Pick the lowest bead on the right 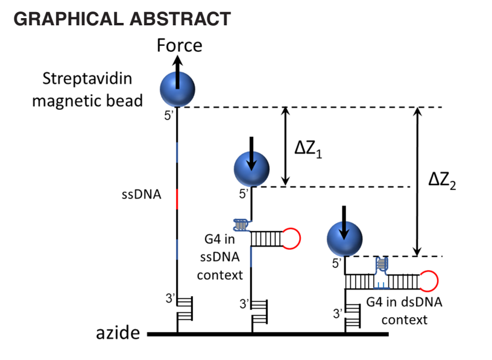(x=344, y=238)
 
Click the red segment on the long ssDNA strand (x=177, y=199)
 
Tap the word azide (x=118, y=333)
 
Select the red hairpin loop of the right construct (x=427, y=281)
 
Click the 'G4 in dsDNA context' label (x=403, y=310)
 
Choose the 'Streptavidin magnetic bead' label (x=87, y=89)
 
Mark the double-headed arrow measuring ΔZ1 (x=286, y=147)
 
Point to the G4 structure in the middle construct (x=242, y=225)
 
